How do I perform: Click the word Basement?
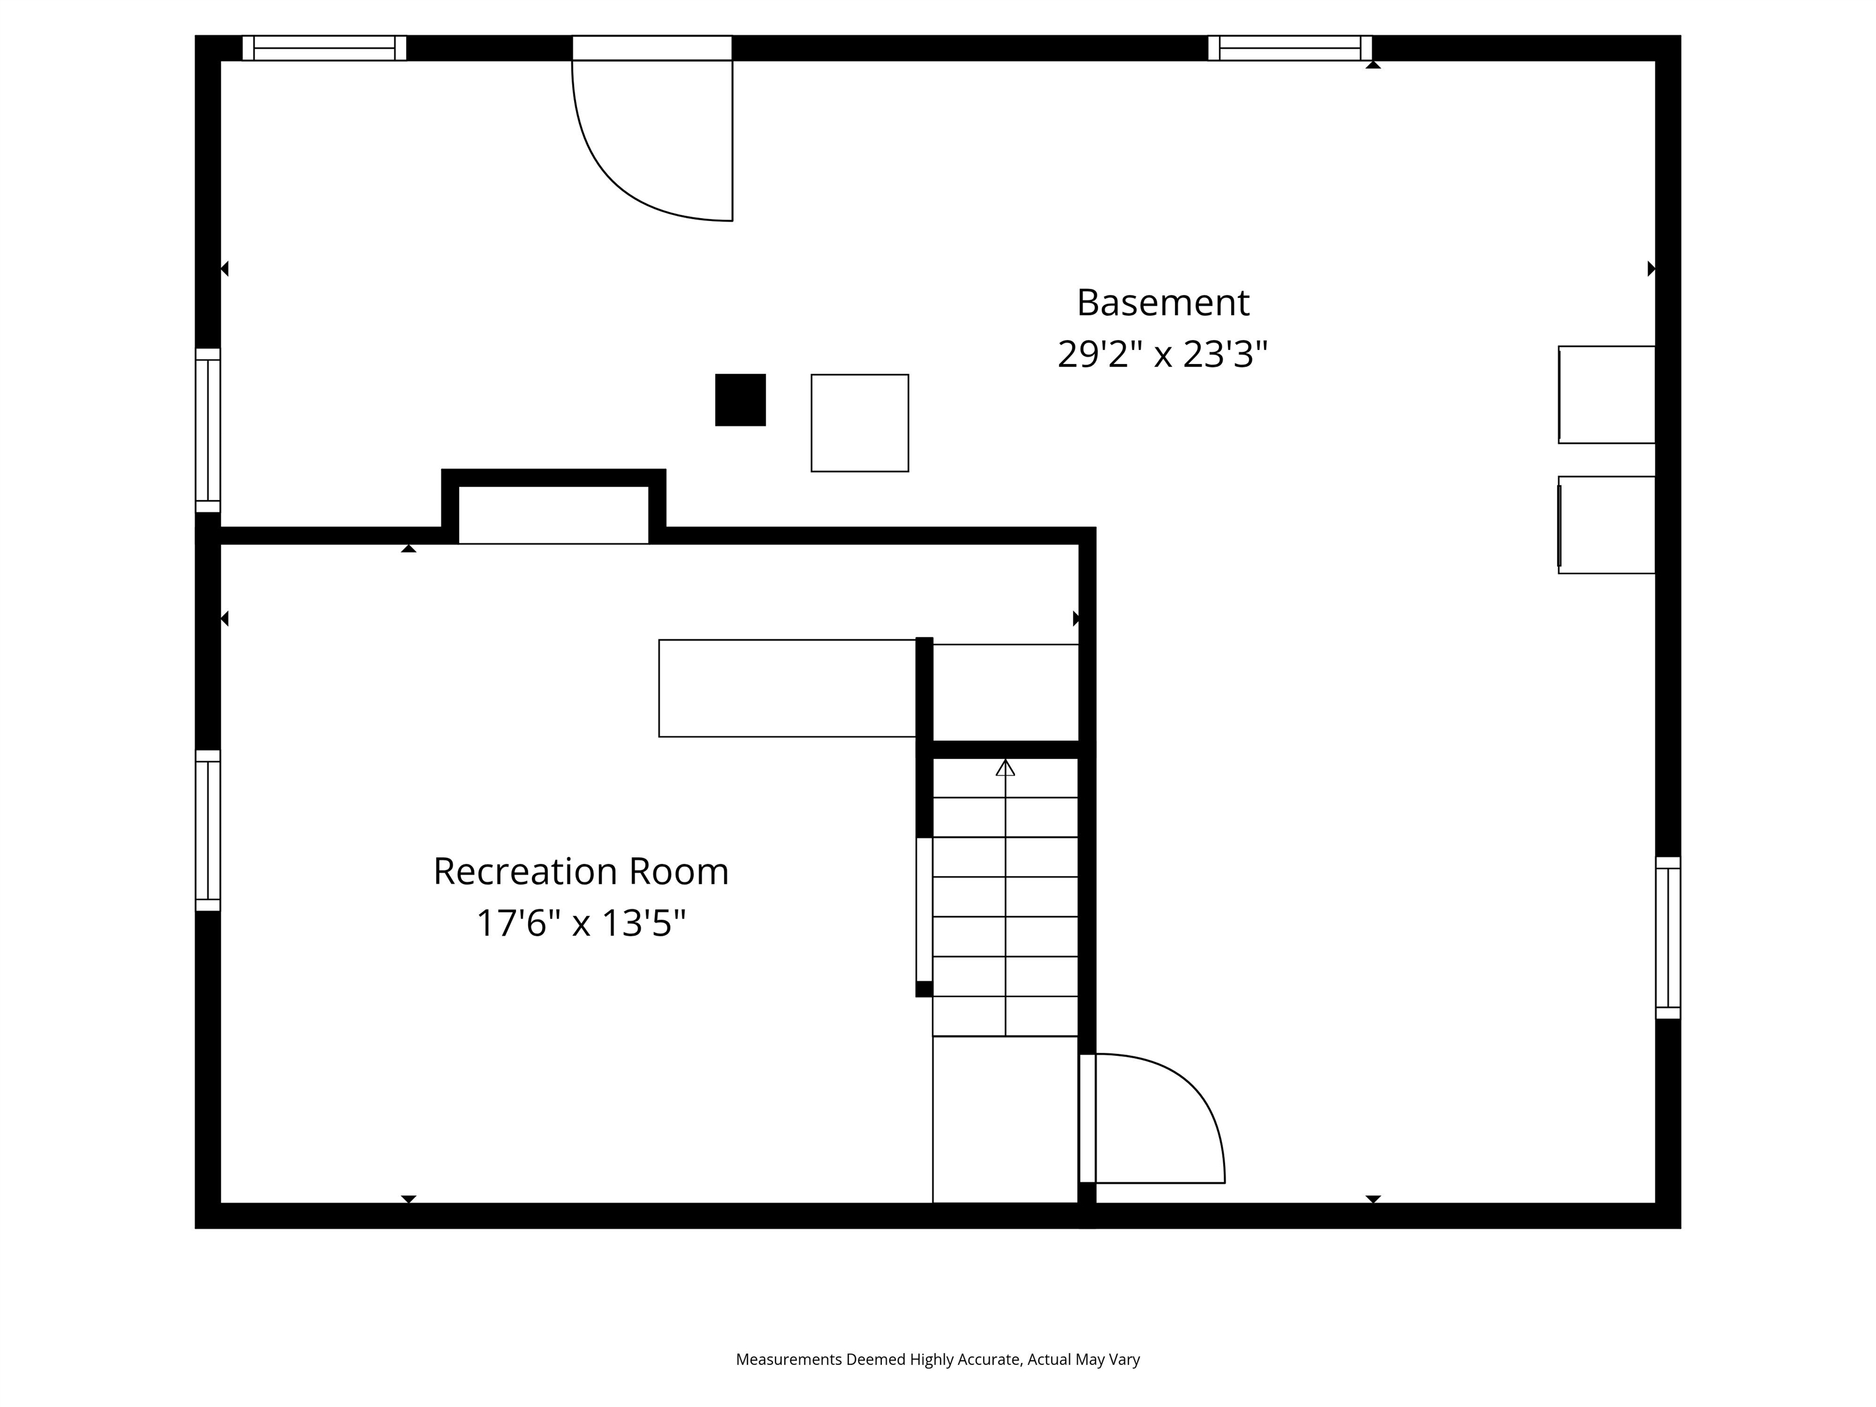pyautogui.click(x=1162, y=303)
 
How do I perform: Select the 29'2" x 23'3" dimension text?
pyautogui.click(x=1162, y=355)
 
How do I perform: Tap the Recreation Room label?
pyautogui.click(x=581, y=872)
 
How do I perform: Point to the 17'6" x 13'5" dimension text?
pyautogui.click(x=581, y=923)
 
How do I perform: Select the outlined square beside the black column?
pyautogui.click(x=859, y=423)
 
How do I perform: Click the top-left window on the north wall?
pyautogui.click(x=324, y=48)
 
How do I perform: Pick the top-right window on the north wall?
pyautogui.click(x=1289, y=48)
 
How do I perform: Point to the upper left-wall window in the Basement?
pyautogui.click(x=208, y=431)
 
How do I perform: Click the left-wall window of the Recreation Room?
pyautogui.click(x=208, y=831)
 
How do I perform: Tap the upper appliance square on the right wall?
pyautogui.click(x=1606, y=394)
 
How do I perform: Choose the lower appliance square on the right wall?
pyautogui.click(x=1606, y=525)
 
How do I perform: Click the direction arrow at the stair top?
pyautogui.click(x=1005, y=768)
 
